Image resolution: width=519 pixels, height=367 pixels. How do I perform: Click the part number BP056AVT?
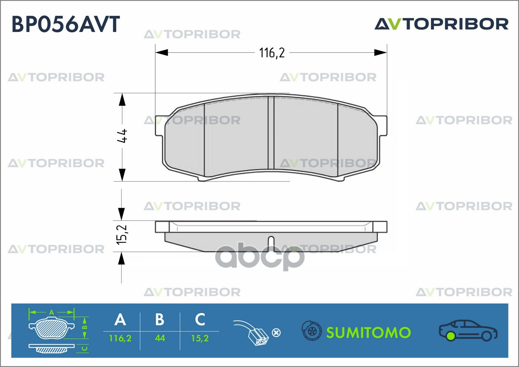[x=66, y=24]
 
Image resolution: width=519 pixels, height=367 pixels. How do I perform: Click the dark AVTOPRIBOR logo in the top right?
[x=442, y=24]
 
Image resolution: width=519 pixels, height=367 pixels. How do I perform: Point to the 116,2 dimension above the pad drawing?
[x=272, y=53]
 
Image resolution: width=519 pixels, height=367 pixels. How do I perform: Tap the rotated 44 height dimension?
[x=122, y=136]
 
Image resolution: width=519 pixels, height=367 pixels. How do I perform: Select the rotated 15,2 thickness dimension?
[x=122, y=235]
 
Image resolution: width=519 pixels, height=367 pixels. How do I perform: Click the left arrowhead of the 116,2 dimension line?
[x=161, y=53]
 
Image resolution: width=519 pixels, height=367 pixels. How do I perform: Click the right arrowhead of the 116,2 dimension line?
[x=380, y=53]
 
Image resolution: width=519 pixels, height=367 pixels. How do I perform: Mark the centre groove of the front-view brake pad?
[x=271, y=136]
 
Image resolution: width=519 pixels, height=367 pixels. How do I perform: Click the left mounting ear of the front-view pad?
[x=160, y=126]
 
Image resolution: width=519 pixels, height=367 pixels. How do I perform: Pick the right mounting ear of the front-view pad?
[x=382, y=126]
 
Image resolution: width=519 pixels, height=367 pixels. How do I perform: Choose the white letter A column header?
[x=120, y=319]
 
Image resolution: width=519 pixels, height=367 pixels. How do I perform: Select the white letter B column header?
[x=160, y=319]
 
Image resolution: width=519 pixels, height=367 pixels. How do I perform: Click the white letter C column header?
[x=200, y=319]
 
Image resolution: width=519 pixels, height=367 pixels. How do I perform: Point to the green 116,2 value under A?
[x=120, y=338]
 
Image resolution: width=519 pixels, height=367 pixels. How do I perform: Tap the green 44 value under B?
[x=160, y=338]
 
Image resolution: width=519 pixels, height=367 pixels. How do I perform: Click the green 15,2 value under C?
[x=200, y=338]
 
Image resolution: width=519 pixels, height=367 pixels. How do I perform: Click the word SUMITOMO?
[x=369, y=333]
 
